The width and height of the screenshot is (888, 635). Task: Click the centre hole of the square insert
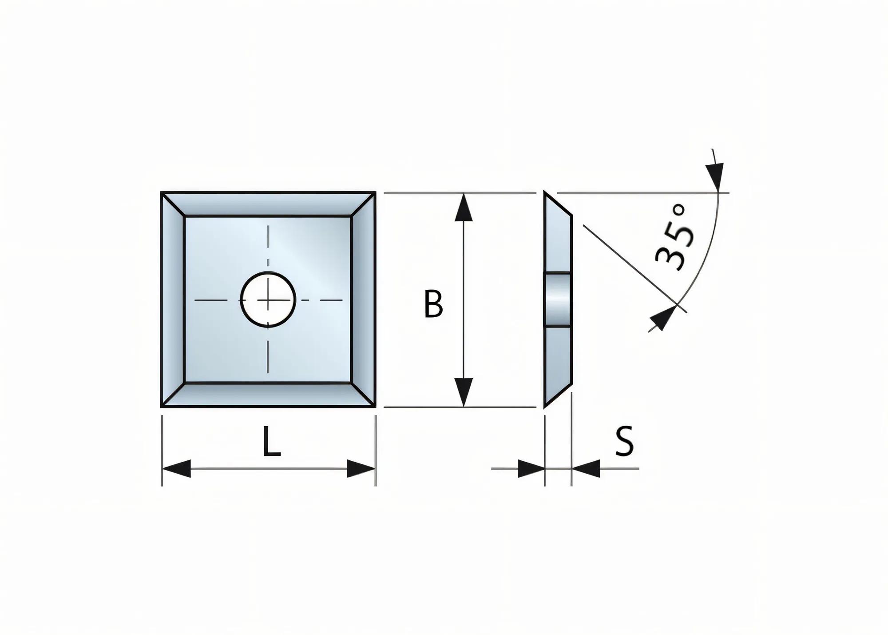click(268, 300)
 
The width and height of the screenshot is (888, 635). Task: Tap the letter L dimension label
click(271, 442)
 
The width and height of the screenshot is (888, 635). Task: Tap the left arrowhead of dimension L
click(177, 469)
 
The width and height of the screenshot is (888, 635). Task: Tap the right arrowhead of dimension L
click(361, 469)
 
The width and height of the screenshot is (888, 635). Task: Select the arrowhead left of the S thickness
click(531, 469)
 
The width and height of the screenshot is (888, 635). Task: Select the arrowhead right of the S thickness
click(586, 469)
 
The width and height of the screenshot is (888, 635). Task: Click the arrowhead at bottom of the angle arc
click(660, 319)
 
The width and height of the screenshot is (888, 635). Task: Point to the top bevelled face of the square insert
click(268, 204)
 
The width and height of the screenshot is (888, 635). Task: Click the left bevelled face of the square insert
click(173, 300)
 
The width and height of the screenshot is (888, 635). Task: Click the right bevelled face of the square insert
click(363, 300)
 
